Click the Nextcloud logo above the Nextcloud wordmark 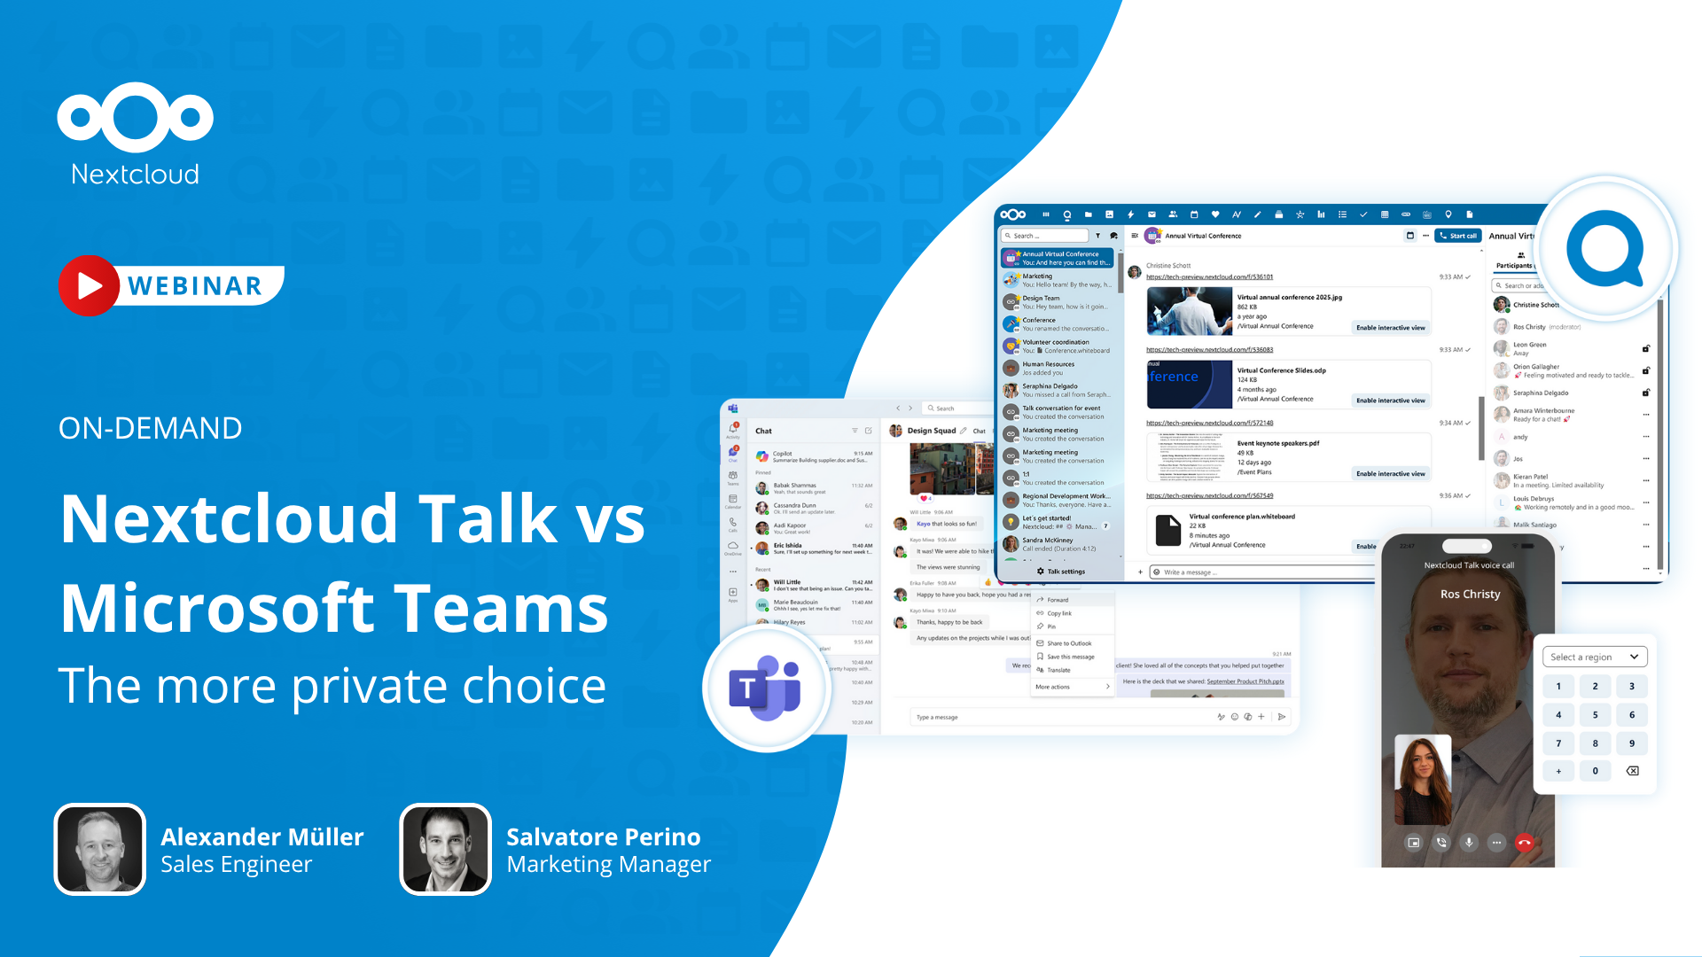pos(135,116)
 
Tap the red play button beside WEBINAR pos(89,285)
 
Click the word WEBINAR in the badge pos(195,286)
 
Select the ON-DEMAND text pos(150,428)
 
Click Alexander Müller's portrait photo pos(100,849)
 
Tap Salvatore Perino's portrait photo pos(445,849)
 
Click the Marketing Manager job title pos(608,864)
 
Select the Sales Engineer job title pos(236,864)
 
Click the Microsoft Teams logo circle pos(766,689)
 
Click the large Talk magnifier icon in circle pos(1605,248)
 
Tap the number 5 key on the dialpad pos(1595,715)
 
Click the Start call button pos(1458,236)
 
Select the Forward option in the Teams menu pos(1058,600)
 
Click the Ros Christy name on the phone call pos(1470,594)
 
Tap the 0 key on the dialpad pos(1595,771)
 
